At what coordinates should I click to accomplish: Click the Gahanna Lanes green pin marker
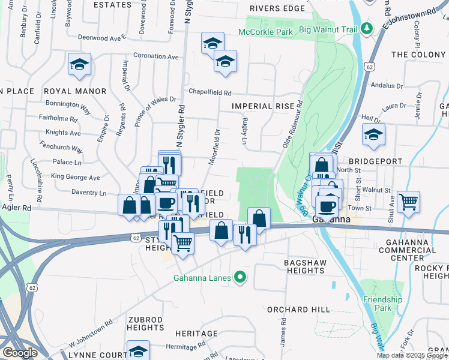pos(240,277)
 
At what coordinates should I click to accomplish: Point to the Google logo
pos(20,352)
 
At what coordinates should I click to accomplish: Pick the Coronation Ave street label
pos(156,56)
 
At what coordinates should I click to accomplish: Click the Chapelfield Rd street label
pos(210,93)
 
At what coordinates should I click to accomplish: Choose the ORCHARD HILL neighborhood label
pos(298,309)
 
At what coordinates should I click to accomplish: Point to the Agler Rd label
pos(17,207)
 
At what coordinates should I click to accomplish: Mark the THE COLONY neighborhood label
pos(418,55)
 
